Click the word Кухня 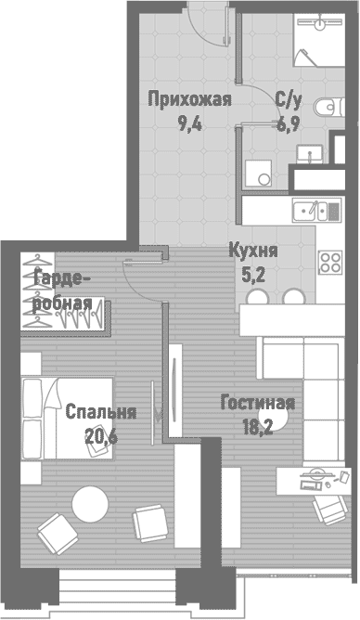tap(253, 251)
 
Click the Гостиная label tap(257, 403)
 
